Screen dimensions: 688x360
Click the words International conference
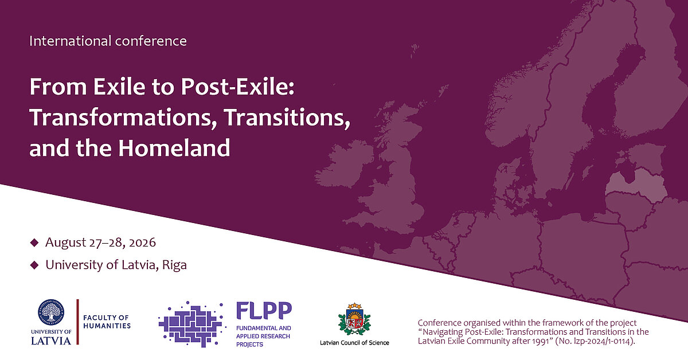pos(108,41)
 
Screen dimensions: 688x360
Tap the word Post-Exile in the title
pos(238,87)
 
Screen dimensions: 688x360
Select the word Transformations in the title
pos(123,118)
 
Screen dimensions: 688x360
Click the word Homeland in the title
pos(174,148)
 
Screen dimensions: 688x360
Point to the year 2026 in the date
pos(143,242)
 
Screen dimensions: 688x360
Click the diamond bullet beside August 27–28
pos(34,242)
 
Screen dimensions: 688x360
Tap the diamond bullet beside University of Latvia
pos(34,265)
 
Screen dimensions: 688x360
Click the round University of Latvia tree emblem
pos(51,312)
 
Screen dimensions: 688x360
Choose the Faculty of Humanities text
pos(107,322)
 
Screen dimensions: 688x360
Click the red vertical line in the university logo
pos(77,322)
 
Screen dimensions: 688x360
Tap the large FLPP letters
pos(264,311)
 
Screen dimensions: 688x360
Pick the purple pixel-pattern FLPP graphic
pos(192,324)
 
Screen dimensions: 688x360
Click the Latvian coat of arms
pos(354,319)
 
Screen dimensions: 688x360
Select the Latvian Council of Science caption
pos(354,343)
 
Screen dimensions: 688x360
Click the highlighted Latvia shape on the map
pos(636,182)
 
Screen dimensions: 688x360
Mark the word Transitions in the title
pos(287,118)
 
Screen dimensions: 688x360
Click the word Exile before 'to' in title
pos(119,87)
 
